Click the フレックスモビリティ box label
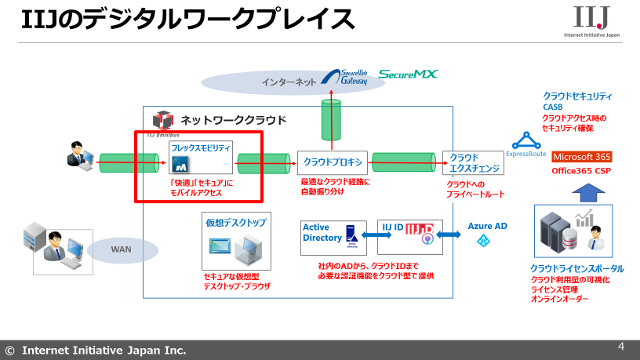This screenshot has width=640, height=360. [x=202, y=147]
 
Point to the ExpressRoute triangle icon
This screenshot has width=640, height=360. [x=526, y=141]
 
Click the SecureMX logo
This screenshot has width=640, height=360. [x=408, y=75]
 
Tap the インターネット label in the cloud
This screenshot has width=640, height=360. [x=289, y=82]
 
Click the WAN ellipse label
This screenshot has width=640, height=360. [x=121, y=249]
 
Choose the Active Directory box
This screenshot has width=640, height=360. [x=333, y=238]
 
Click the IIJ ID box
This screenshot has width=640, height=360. [x=410, y=237]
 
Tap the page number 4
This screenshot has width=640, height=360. [x=621, y=346]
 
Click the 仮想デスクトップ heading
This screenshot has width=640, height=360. [x=236, y=223]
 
